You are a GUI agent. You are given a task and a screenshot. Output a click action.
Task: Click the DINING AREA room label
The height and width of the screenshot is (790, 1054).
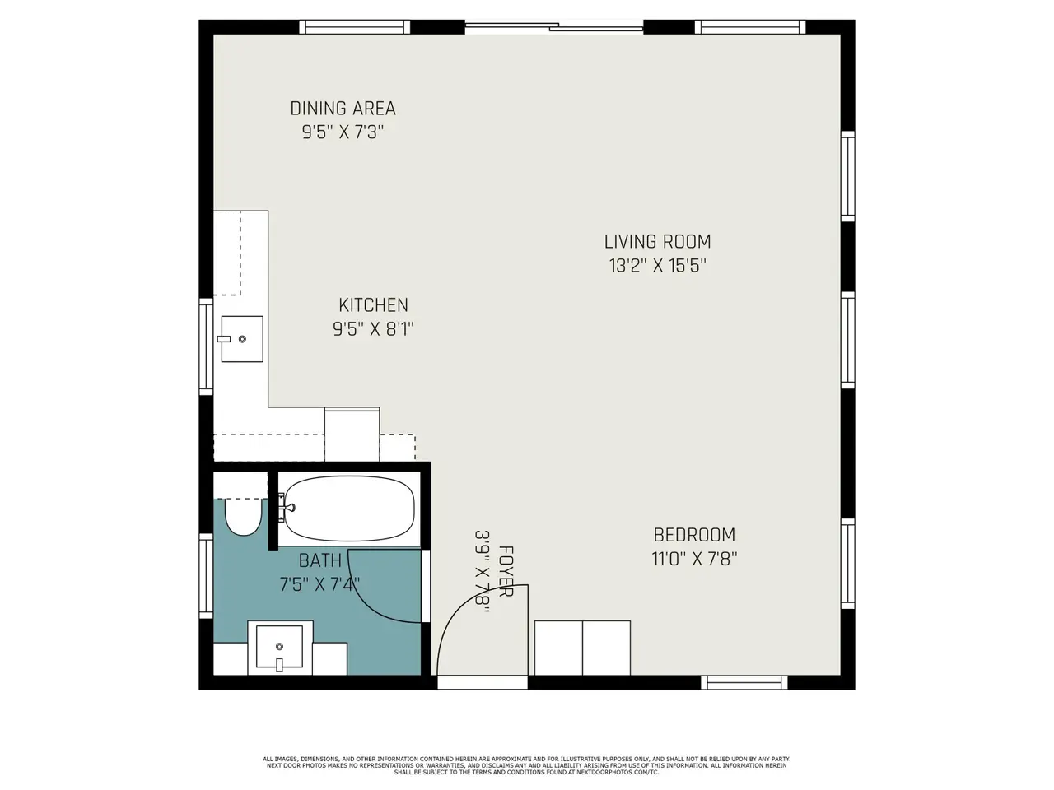343,109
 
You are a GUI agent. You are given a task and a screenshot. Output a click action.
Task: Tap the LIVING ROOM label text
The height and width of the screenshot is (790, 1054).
657,242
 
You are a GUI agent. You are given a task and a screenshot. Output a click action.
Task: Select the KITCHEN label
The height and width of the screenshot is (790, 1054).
373,305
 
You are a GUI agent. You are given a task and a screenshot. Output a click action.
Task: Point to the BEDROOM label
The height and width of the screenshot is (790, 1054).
694,535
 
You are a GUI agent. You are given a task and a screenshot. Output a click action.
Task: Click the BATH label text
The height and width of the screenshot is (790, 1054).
319,560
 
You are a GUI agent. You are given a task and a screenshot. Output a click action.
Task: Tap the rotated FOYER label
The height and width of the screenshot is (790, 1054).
506,571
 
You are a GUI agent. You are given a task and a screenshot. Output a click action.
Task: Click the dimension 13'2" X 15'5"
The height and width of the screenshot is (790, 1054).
657,265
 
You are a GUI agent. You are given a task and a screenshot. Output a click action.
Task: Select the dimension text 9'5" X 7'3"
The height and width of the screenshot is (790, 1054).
343,132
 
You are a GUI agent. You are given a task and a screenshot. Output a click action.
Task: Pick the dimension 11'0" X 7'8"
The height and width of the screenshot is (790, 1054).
694,559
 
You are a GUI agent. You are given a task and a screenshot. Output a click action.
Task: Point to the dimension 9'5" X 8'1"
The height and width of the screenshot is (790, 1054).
373,329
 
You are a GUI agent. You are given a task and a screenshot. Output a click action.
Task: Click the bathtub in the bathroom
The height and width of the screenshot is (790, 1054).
349,509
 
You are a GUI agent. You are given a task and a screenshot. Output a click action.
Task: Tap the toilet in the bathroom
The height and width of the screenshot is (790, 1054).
243,517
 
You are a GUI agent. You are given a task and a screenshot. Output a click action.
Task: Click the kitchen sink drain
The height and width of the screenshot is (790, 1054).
242,339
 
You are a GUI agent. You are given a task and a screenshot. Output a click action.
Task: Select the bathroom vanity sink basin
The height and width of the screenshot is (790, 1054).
279,647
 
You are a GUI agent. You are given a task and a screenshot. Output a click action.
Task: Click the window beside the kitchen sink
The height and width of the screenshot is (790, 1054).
206,346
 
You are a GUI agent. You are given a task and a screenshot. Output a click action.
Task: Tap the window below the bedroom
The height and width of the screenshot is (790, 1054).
744,682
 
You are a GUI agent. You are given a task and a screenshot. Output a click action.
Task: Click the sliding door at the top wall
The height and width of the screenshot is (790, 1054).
554,27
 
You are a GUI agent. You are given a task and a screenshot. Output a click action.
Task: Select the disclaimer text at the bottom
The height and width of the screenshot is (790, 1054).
526,765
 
